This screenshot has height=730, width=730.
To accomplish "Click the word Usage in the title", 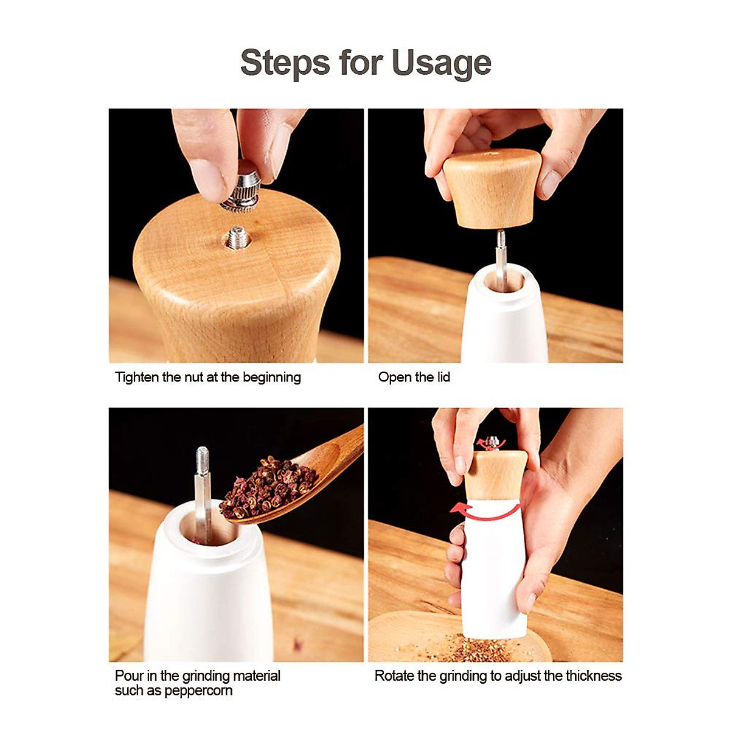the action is coord(442,63).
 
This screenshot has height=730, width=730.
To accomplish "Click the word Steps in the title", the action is coord(285,63).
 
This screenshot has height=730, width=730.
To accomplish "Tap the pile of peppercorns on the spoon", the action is coord(268,486).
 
